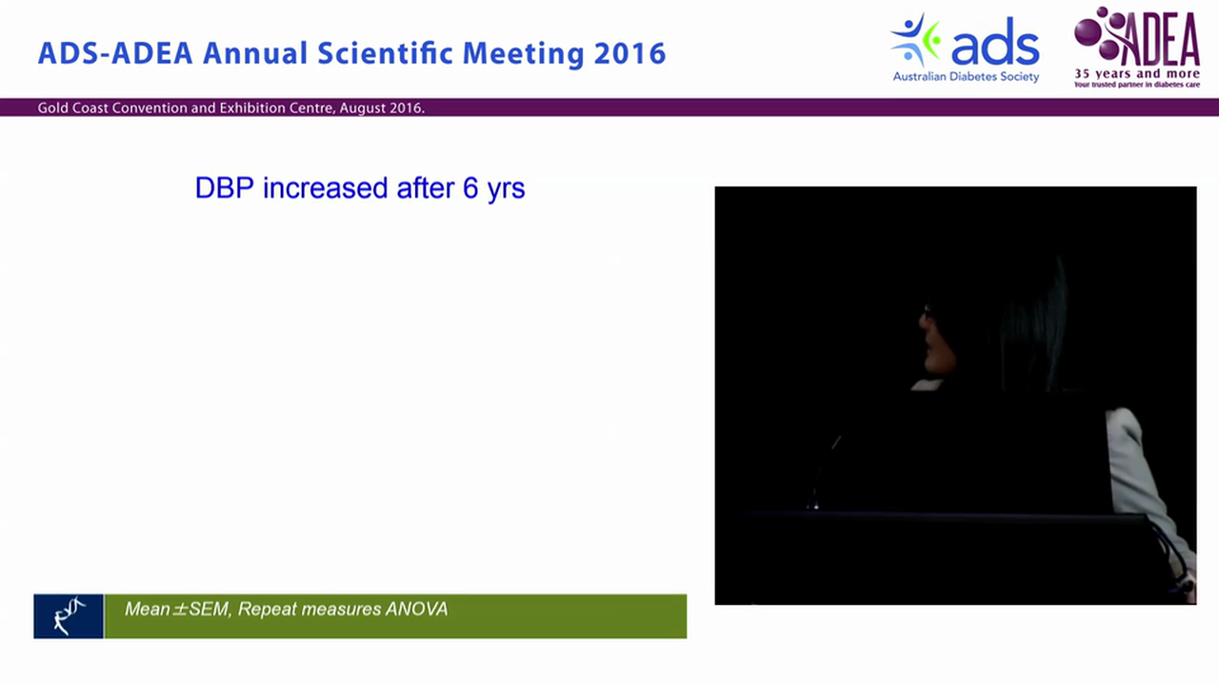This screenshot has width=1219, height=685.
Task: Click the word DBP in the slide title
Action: click(225, 188)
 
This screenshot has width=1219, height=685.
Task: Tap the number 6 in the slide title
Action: click(470, 188)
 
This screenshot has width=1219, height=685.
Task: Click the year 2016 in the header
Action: click(629, 53)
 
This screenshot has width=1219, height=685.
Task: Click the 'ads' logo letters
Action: click(995, 47)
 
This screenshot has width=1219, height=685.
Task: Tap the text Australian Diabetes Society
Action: click(966, 77)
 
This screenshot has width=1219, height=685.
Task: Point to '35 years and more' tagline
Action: click(1137, 73)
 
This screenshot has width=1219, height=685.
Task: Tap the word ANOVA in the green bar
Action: click(416, 609)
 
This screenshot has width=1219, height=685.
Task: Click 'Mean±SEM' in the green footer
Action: click(177, 609)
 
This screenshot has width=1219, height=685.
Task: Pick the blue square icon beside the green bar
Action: click(69, 616)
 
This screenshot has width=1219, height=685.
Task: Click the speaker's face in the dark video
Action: click(932, 337)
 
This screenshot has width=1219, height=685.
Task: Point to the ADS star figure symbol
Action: click(915, 41)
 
